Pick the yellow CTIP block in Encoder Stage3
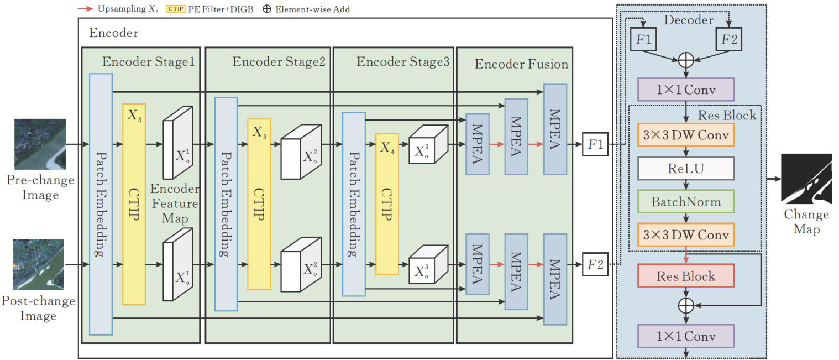[386, 204]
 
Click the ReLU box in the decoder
[686, 168]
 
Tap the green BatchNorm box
[686, 201]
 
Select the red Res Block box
[686, 276]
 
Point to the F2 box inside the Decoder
[729, 40]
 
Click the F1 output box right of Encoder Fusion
[595, 145]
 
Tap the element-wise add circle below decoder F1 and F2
[685, 60]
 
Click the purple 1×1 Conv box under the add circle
[686, 89]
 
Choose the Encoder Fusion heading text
[521, 64]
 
